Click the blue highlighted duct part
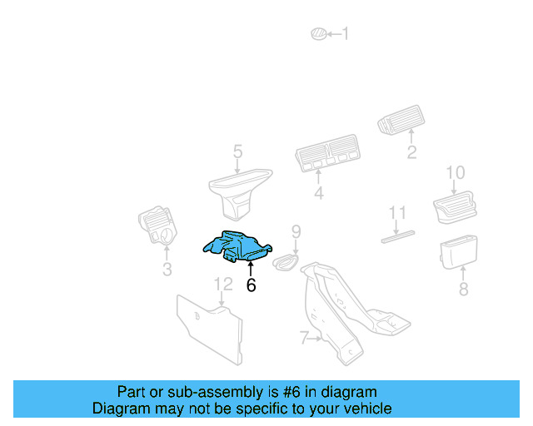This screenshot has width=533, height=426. coord(237,245)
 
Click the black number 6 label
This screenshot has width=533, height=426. coord(251,285)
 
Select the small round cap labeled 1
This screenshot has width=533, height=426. coord(316,34)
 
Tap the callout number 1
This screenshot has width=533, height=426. coord(346,34)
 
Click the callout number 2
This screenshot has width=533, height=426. coord(411,152)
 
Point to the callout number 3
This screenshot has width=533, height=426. coord(167,270)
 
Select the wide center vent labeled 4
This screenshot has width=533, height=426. coord(328,156)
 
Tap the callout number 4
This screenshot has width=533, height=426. coord(318,195)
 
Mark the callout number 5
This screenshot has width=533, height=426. coord(237,151)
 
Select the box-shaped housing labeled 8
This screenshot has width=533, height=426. coord(459,253)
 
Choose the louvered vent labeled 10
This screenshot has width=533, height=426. coord(456,205)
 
